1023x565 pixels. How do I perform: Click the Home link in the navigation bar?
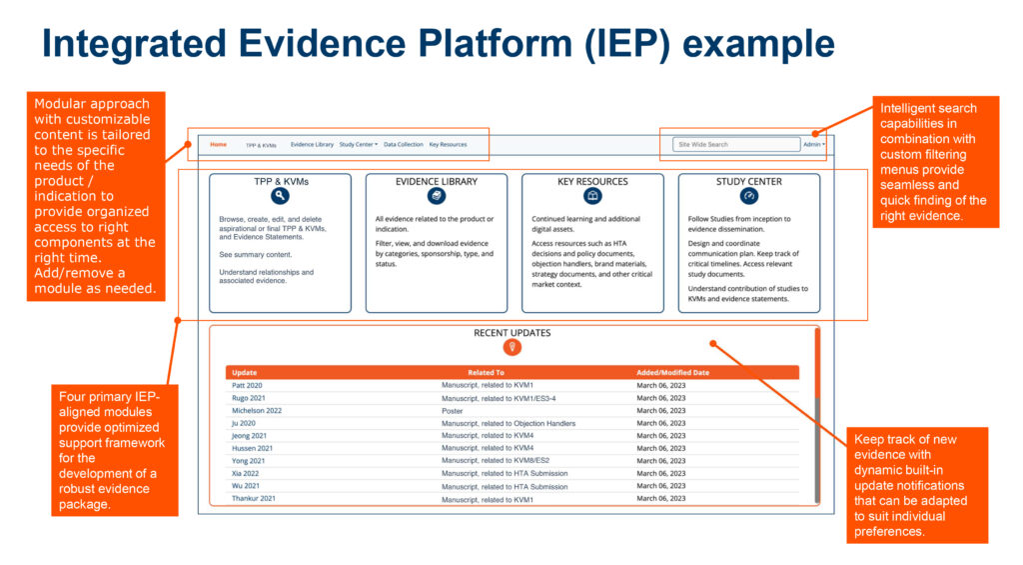218,144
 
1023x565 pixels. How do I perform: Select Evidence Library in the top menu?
312,145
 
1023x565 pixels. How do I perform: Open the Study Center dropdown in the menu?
358,145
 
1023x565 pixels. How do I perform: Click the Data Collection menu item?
403,145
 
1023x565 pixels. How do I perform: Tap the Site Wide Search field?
735,145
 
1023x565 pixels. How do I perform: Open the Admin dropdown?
814,145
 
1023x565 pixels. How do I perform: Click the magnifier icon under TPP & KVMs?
280,197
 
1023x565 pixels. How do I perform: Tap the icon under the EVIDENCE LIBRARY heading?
437,197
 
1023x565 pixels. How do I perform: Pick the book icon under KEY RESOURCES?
592,197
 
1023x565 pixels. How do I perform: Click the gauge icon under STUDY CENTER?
749,197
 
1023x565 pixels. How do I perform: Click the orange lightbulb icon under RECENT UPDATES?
511,347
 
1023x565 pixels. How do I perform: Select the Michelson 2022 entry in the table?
257,411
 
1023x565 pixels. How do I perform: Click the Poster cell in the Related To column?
453,411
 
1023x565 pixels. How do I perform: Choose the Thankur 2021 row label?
254,499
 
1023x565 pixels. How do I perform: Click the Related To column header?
486,373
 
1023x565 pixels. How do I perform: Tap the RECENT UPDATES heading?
511,333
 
